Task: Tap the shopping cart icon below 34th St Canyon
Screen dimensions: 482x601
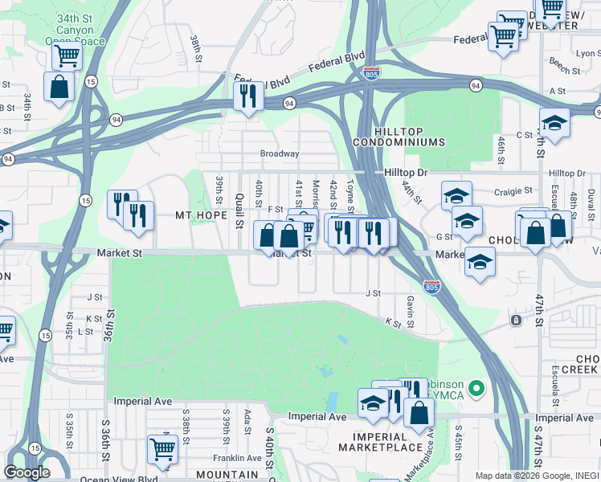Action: click(67, 56)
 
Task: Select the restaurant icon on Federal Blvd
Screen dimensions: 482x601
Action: click(247, 96)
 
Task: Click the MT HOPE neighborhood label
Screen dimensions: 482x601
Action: click(197, 215)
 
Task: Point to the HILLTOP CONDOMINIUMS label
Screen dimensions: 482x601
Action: click(409, 137)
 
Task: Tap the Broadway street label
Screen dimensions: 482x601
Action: click(279, 153)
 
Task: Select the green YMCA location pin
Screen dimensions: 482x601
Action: click(476, 390)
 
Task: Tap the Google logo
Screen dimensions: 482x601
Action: click(27, 472)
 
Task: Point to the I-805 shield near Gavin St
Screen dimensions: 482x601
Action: click(431, 285)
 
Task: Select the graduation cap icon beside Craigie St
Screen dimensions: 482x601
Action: click(456, 194)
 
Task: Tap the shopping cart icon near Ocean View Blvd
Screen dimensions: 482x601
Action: click(163, 447)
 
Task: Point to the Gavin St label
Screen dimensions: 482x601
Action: click(410, 311)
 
